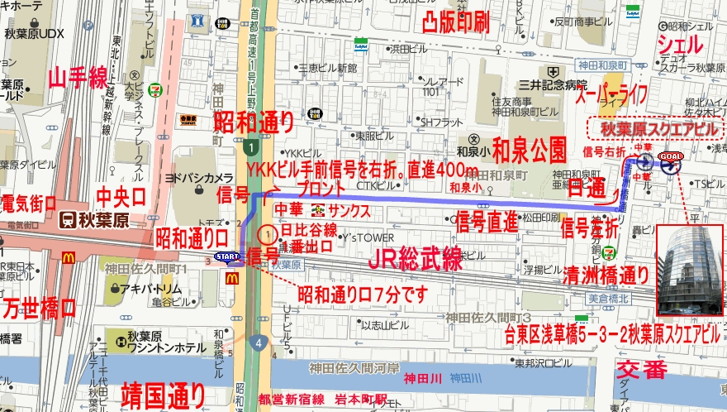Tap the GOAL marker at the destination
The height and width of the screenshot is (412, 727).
click(x=669, y=156)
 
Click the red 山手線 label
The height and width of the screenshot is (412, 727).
click(x=78, y=79)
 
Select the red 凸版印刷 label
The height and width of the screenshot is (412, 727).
click(x=455, y=22)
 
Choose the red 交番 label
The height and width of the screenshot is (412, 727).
click(x=641, y=366)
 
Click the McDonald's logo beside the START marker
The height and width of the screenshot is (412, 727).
click(x=232, y=278)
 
